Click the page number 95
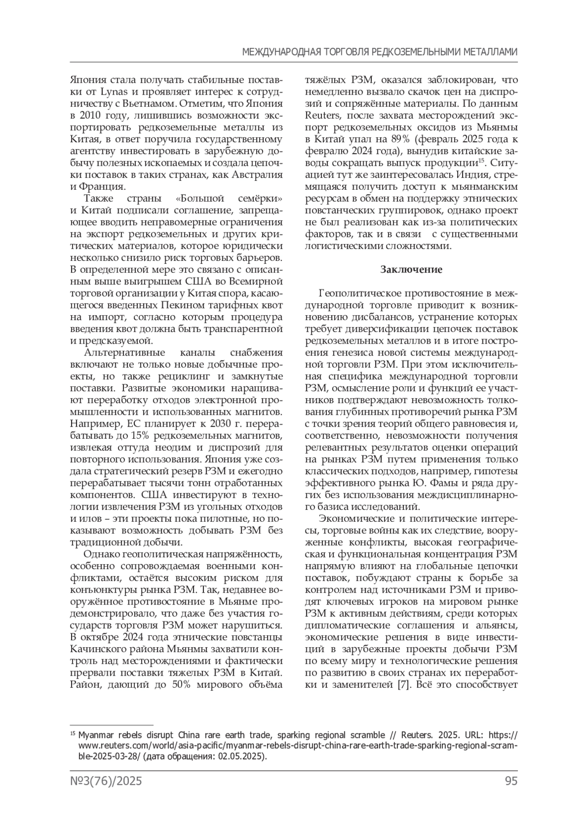click(511, 781)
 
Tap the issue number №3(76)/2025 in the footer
click(106, 781)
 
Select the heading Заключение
click(412, 269)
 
